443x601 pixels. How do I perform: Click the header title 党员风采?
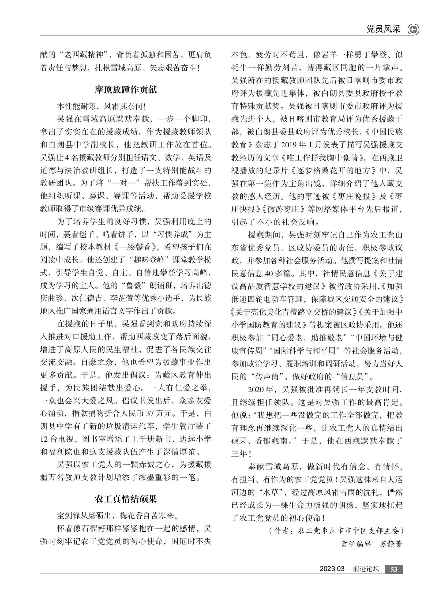[x=383, y=29]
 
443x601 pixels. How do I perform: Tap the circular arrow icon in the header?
[x=413, y=29]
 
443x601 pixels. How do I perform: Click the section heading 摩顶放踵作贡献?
[x=126, y=89]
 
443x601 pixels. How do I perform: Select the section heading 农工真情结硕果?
[x=126, y=499]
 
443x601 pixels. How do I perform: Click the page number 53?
[x=394, y=569]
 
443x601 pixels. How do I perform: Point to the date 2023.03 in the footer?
[x=332, y=569]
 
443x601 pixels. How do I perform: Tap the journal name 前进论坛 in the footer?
[x=366, y=569]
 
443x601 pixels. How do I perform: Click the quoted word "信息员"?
[x=352, y=376]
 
